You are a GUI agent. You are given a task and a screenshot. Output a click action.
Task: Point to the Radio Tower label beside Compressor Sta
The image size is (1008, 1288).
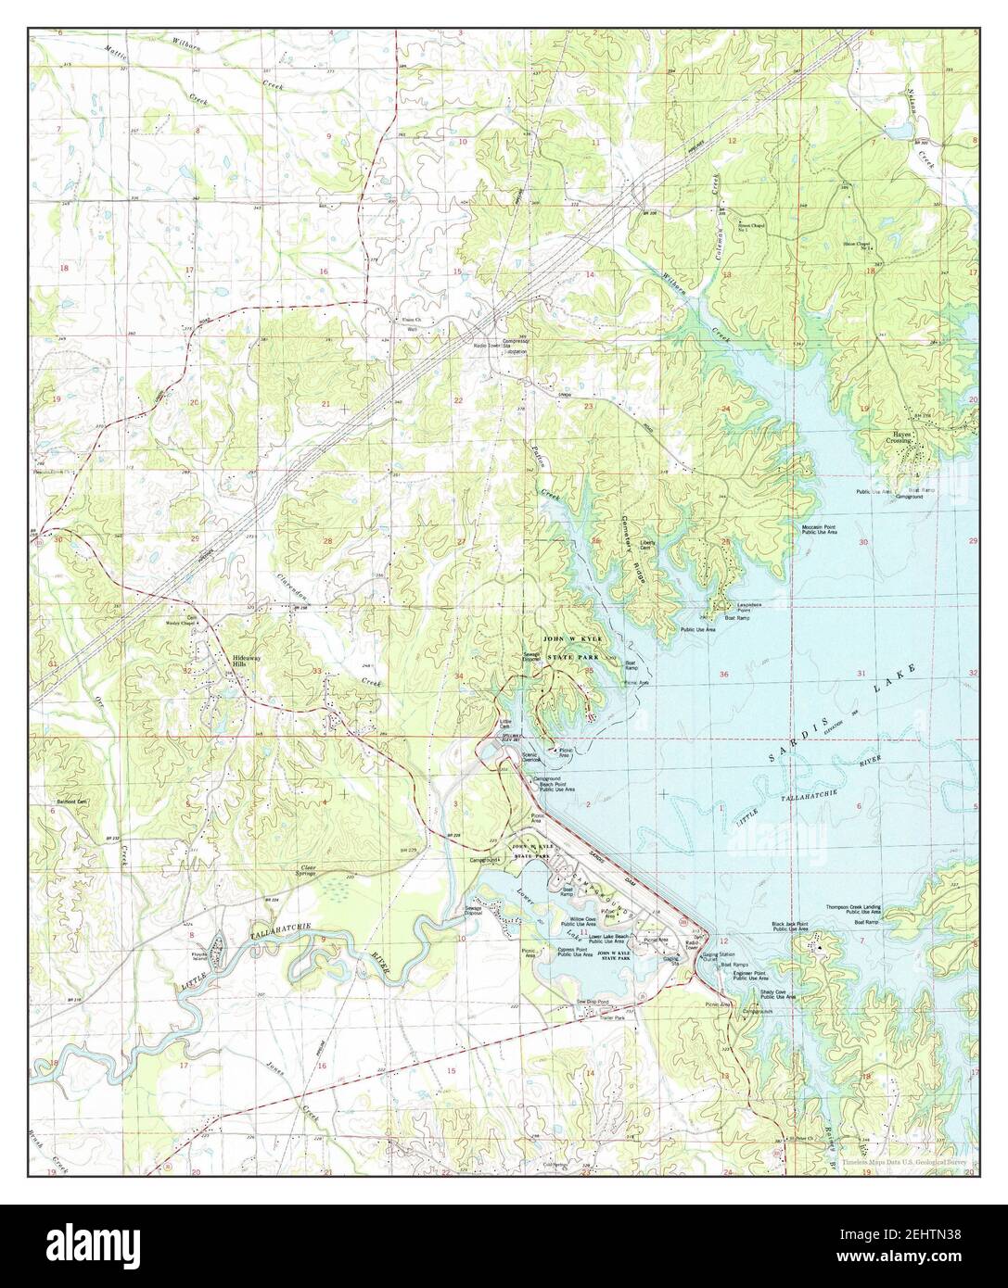tap(487, 345)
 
